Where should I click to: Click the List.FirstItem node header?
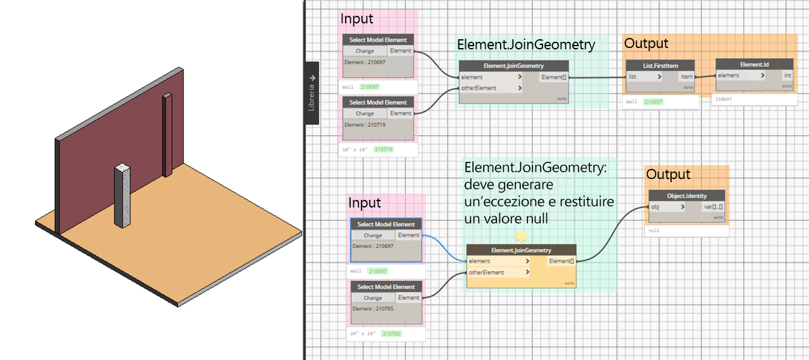click(660, 65)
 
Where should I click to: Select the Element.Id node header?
click(754, 65)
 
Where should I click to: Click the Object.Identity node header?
click(687, 196)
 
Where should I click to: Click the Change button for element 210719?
click(365, 113)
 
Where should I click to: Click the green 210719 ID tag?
click(384, 149)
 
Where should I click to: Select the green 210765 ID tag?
click(391, 333)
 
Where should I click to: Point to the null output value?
click(654, 231)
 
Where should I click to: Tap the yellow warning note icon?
click(521, 237)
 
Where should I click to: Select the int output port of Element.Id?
click(787, 75)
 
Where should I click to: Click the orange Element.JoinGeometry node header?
click(521, 250)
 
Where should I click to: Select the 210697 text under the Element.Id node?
click(724, 99)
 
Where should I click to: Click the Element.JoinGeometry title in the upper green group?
click(525, 45)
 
